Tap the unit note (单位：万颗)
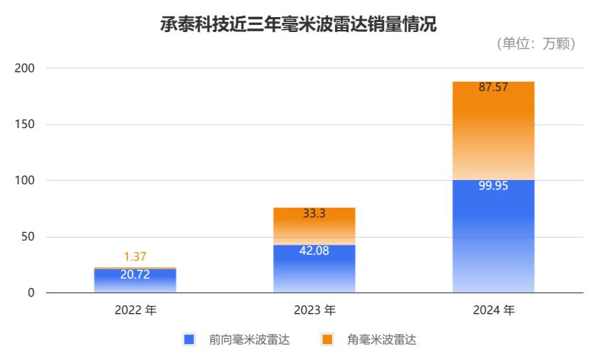tap(535, 43)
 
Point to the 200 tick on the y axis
tap(25, 68)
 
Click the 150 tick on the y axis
tap(25, 125)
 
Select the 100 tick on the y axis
tap(25, 181)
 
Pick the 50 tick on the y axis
tap(28, 237)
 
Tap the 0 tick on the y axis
tap(31, 293)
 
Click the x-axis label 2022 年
tap(135, 310)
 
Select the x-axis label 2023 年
tap(314, 310)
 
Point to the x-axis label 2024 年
tap(493, 310)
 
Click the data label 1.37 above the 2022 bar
tap(135, 258)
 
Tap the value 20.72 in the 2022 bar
tap(135, 274)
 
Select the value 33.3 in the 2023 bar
tap(314, 213)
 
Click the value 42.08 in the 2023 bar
tap(314, 250)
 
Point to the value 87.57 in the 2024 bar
tap(493, 88)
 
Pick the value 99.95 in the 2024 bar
tap(493, 186)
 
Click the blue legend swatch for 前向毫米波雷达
tap(188, 339)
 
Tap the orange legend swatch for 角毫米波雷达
tap(327, 339)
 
